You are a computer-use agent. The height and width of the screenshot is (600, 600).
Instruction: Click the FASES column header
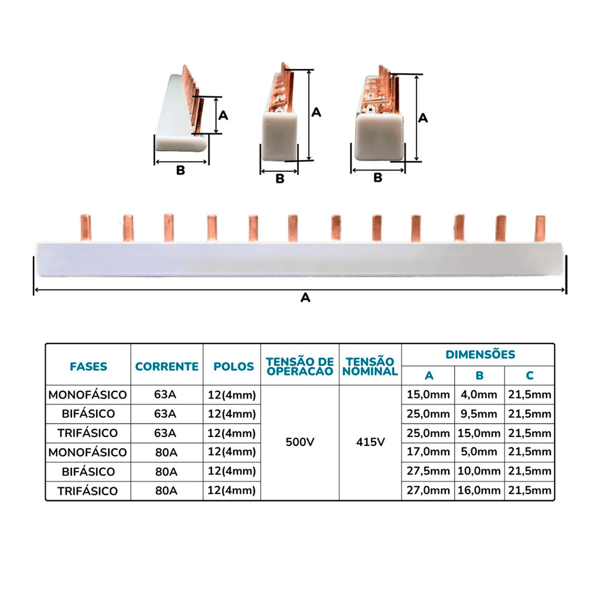tap(88, 367)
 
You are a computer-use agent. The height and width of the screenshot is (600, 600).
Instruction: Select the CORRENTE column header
tap(167, 367)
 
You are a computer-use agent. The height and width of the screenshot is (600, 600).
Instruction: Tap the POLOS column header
tap(233, 367)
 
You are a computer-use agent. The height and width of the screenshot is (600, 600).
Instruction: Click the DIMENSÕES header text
tap(480, 354)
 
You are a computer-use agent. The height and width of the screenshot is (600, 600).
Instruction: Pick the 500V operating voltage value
tap(300, 442)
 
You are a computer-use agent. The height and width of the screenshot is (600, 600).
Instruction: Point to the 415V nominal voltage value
tap(370, 442)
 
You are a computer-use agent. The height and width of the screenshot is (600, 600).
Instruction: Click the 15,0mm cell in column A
tap(428, 395)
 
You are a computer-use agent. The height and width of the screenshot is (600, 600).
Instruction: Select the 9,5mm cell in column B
tap(479, 414)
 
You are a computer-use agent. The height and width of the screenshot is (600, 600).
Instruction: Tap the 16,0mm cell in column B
tap(479, 491)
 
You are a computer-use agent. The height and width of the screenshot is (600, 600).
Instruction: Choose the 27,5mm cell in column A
tap(428, 472)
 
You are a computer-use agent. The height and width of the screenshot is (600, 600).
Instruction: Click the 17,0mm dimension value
tap(428, 452)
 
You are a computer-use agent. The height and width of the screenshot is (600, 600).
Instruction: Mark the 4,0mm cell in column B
tap(479, 395)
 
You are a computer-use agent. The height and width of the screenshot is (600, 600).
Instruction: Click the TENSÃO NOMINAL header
tap(370, 367)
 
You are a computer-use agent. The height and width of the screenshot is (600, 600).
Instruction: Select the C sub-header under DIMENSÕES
tap(529, 376)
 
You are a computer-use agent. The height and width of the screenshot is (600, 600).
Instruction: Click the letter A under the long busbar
tap(305, 298)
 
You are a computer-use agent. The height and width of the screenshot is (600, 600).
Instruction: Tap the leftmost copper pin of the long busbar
tap(86, 229)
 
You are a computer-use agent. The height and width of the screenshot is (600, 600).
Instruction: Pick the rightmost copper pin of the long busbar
tap(540, 229)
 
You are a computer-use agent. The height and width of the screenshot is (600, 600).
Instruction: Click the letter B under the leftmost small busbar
tap(180, 171)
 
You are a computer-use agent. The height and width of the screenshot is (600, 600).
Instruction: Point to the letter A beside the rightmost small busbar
tap(423, 118)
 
